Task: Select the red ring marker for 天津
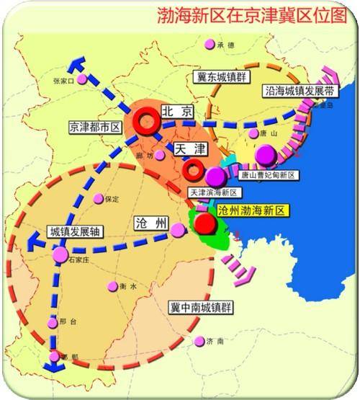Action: (x=193, y=171)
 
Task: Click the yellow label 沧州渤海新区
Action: (x=253, y=210)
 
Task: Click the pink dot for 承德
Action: (x=210, y=45)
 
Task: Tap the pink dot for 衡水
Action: (x=112, y=286)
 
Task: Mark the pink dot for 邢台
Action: (x=51, y=323)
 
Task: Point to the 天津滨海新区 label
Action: (x=213, y=193)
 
